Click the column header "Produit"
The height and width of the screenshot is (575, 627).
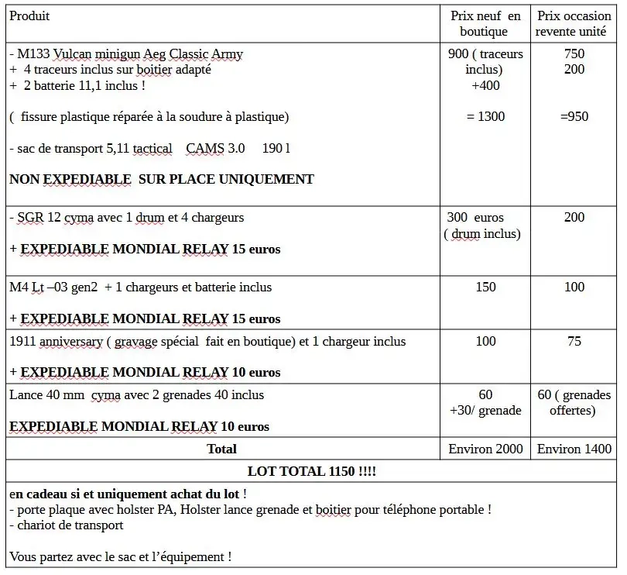pyautogui.click(x=29, y=16)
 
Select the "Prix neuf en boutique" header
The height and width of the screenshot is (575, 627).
pyautogui.click(x=485, y=23)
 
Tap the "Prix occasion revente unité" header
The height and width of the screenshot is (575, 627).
pyautogui.click(x=574, y=23)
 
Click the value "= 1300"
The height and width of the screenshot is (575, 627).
pyautogui.click(x=485, y=116)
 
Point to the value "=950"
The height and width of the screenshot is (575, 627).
pyautogui.click(x=574, y=116)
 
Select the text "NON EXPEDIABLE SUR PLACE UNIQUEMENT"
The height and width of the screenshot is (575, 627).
pyautogui.click(x=161, y=179)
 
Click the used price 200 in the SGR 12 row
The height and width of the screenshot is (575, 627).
pyautogui.click(x=574, y=218)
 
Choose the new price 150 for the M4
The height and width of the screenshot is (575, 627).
pyautogui.click(x=485, y=287)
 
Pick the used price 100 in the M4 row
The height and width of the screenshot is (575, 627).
pyautogui.click(x=574, y=287)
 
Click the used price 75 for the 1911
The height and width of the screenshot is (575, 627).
pyautogui.click(x=574, y=342)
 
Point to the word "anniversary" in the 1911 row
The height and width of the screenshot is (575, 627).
pyautogui.click(x=73, y=342)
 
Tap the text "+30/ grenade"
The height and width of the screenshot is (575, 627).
pyautogui.click(x=485, y=411)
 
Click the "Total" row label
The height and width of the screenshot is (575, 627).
pyautogui.click(x=222, y=449)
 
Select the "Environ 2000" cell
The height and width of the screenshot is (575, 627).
pyautogui.click(x=485, y=449)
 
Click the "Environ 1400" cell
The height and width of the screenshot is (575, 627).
pyautogui.click(x=574, y=449)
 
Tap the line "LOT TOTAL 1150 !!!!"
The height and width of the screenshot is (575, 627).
pyautogui.click(x=311, y=471)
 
